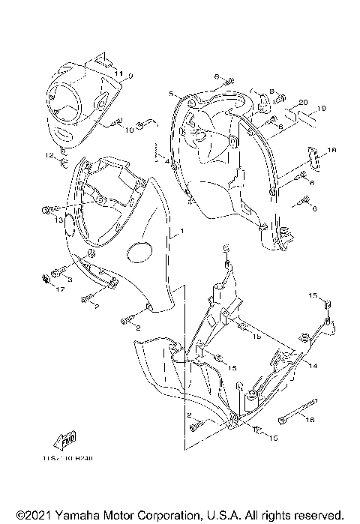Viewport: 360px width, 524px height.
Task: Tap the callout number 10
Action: [x=129, y=130]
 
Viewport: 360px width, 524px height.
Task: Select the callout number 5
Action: [x=172, y=94]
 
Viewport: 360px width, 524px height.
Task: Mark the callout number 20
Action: [x=302, y=102]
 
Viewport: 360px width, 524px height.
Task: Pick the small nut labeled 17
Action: [x=44, y=280]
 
